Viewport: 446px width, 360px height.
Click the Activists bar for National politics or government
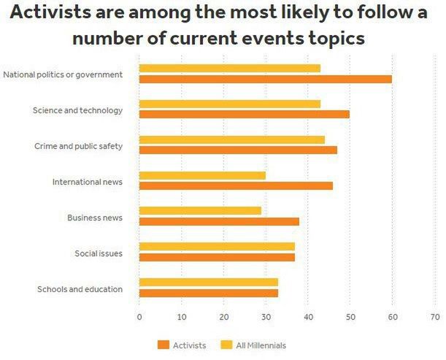coord(265,79)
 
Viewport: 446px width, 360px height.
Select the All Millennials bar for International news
coord(202,175)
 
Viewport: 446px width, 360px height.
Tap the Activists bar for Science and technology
coord(244,114)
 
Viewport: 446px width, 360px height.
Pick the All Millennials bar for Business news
coord(200,210)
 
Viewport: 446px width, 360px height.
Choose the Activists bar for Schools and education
coord(208,293)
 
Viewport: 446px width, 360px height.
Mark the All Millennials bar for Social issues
coord(217,246)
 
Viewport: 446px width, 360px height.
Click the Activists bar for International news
coord(236,185)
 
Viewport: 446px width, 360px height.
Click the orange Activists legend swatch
coord(164,345)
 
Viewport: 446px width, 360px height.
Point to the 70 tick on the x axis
coord(435,318)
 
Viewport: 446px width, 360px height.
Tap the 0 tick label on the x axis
coord(139,318)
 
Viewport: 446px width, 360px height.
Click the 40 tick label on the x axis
coord(308,318)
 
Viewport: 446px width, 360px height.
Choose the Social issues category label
coord(99,253)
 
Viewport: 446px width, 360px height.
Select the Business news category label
coord(95,218)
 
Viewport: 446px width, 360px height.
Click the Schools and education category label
coord(80,289)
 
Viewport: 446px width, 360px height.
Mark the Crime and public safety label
coord(78,146)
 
